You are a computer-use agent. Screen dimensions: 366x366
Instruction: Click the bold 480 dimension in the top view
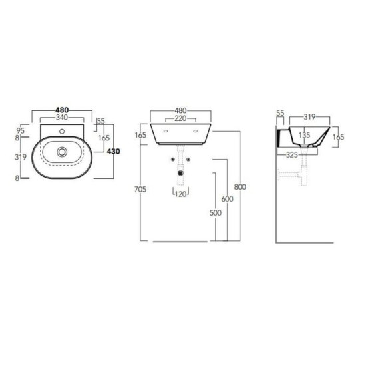click(62, 110)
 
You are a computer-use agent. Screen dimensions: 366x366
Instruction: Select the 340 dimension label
click(62, 117)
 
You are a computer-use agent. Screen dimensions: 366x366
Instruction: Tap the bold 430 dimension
click(113, 152)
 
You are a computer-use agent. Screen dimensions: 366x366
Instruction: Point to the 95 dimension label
click(21, 130)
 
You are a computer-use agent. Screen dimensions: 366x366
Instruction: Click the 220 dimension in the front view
click(180, 118)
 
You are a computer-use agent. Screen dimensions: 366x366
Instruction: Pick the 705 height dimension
click(140, 189)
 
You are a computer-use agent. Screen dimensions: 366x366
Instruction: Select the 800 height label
click(240, 187)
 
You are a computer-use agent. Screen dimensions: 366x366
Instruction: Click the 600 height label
click(227, 199)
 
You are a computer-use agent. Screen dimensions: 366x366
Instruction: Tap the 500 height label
click(216, 213)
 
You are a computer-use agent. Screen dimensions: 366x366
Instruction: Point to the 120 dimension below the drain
click(180, 194)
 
